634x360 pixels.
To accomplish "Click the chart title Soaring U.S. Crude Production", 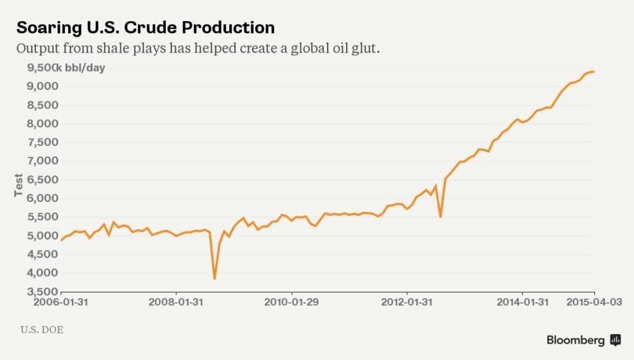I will point(145,28).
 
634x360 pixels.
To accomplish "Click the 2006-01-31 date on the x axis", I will point(62,302).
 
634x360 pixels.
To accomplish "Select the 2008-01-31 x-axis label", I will point(176,302).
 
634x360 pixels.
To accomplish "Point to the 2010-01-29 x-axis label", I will point(292,302).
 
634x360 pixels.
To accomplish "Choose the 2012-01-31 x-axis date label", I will point(407,302).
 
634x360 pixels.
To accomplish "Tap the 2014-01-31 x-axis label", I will point(522,302).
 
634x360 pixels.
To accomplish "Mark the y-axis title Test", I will point(19,185).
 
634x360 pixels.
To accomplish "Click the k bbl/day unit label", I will point(80,68).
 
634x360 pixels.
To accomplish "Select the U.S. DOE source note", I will point(41,330).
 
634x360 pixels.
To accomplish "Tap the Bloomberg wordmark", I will point(575,340).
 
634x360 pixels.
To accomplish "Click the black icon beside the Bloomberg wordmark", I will point(615,340).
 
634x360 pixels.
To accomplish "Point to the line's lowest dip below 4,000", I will point(214,278).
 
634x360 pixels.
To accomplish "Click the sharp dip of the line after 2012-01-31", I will point(440,216).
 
